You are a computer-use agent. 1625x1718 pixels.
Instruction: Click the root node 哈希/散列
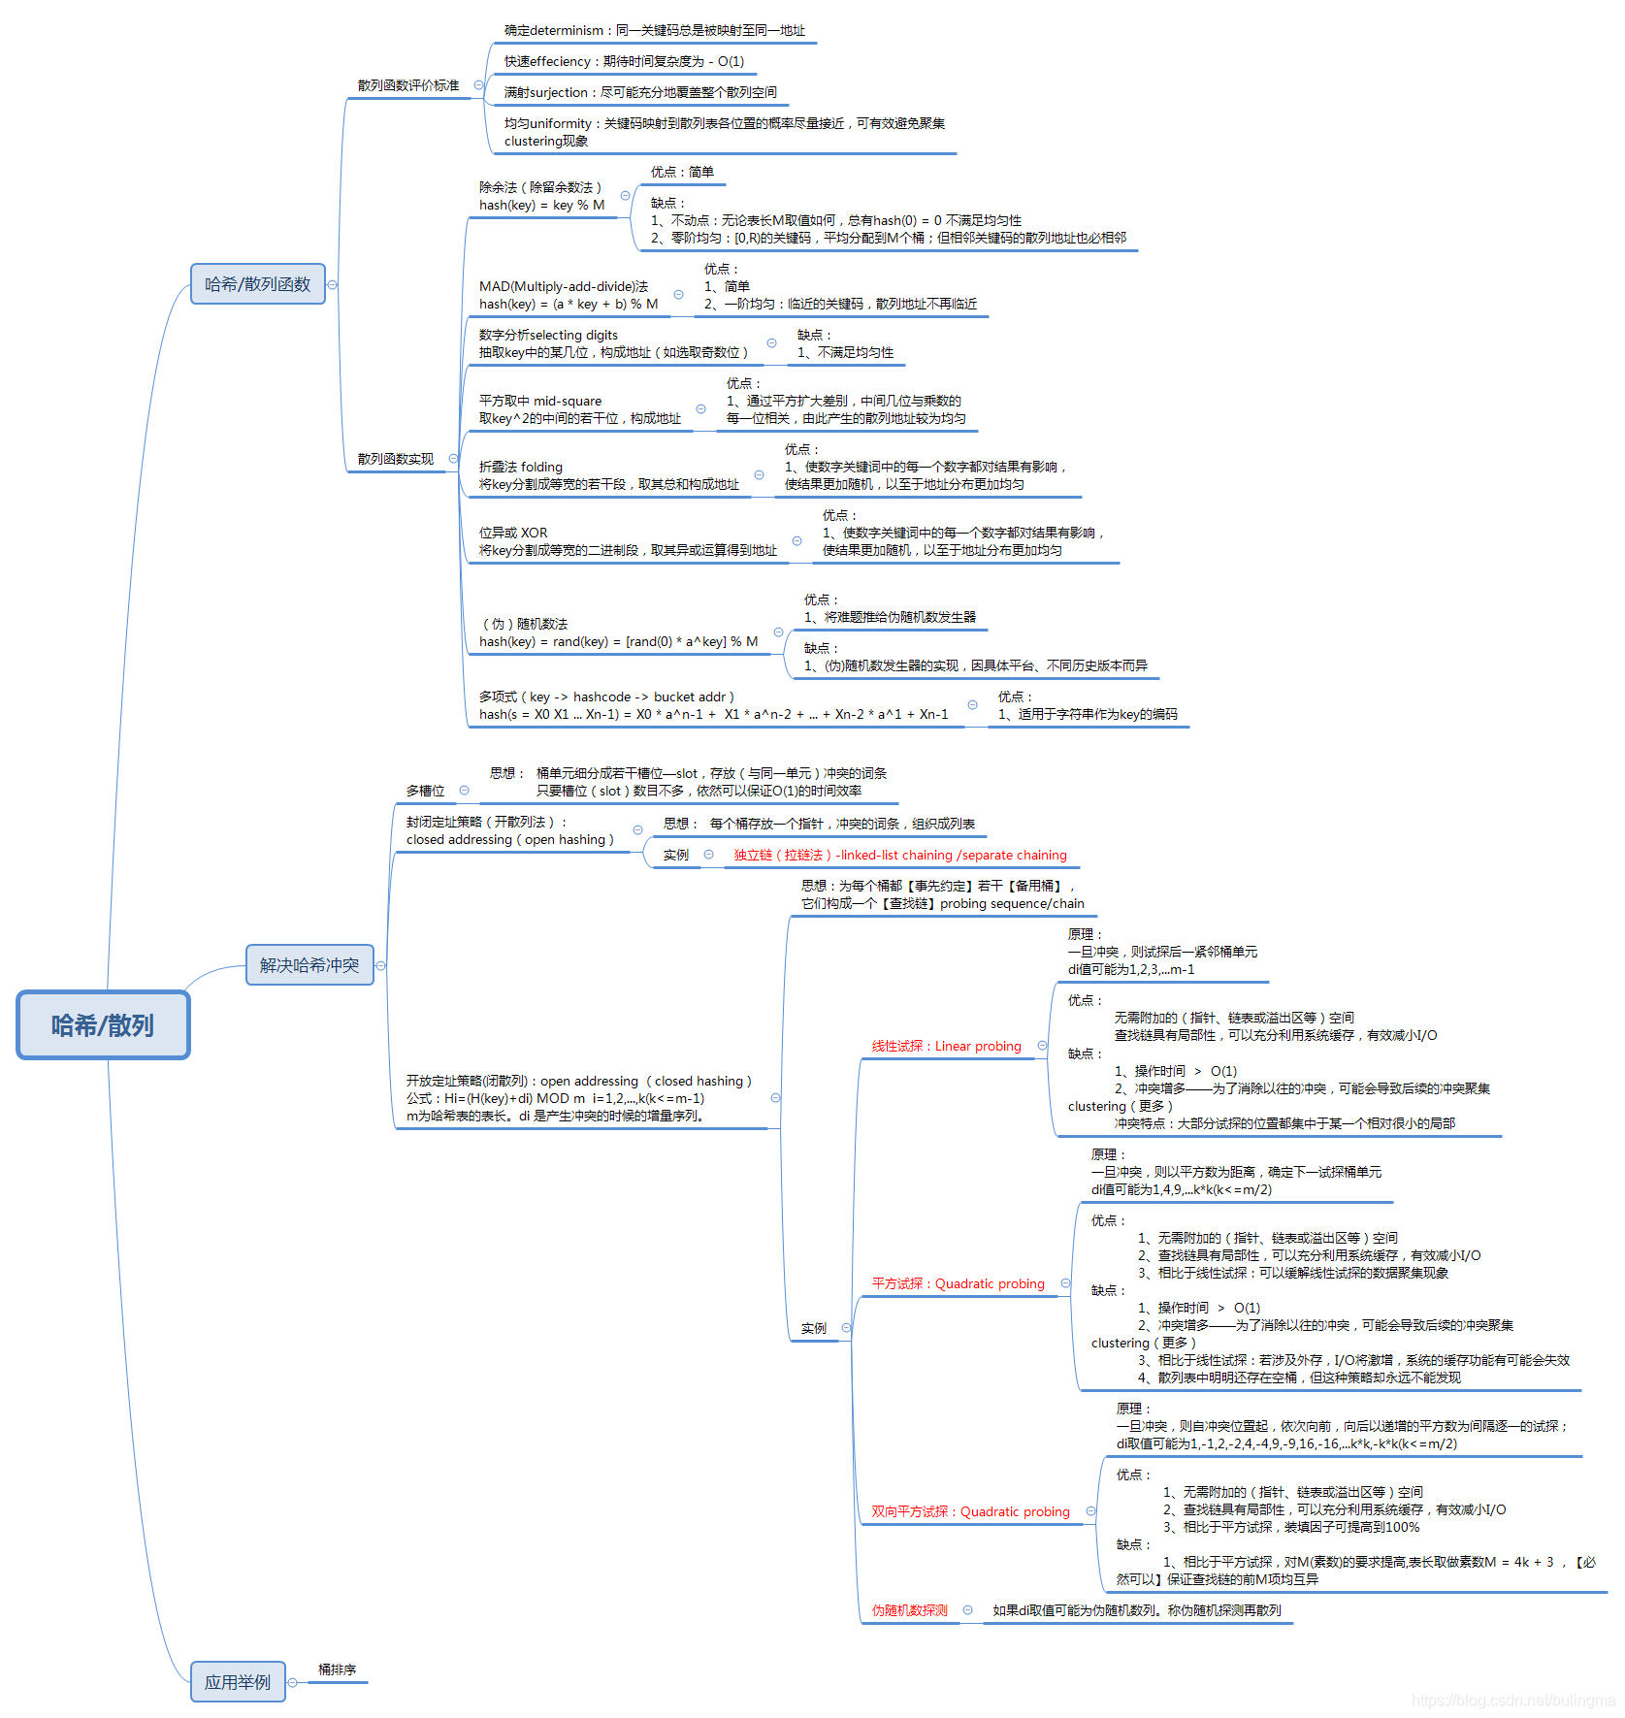(x=103, y=1025)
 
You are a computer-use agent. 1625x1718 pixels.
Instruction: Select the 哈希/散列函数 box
(x=257, y=284)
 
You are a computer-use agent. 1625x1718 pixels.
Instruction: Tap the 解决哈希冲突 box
(x=309, y=965)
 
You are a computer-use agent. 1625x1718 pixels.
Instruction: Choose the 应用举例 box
(x=238, y=1682)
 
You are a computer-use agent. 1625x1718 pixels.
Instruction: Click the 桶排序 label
(x=337, y=1669)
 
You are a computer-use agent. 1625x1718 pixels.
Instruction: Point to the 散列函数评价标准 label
(x=408, y=85)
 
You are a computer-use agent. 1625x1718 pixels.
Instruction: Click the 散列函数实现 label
(x=396, y=459)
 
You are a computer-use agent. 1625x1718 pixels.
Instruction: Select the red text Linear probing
(x=946, y=1046)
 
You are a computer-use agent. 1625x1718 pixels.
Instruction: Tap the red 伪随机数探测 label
(x=909, y=1610)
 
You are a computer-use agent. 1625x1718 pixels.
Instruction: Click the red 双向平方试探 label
(x=970, y=1511)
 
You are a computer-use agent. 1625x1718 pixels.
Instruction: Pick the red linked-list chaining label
(x=900, y=855)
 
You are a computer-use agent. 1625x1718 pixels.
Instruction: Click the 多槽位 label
(x=425, y=791)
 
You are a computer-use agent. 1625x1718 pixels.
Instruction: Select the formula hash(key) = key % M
(x=541, y=205)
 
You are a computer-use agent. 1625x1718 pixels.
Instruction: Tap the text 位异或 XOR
(x=513, y=533)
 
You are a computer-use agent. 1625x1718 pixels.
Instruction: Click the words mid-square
(x=568, y=401)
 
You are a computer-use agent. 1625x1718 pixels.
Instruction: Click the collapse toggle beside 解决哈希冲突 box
(x=381, y=965)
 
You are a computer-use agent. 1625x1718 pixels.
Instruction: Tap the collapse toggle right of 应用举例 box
(x=292, y=1683)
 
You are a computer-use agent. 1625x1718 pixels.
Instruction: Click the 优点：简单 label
(x=682, y=172)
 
